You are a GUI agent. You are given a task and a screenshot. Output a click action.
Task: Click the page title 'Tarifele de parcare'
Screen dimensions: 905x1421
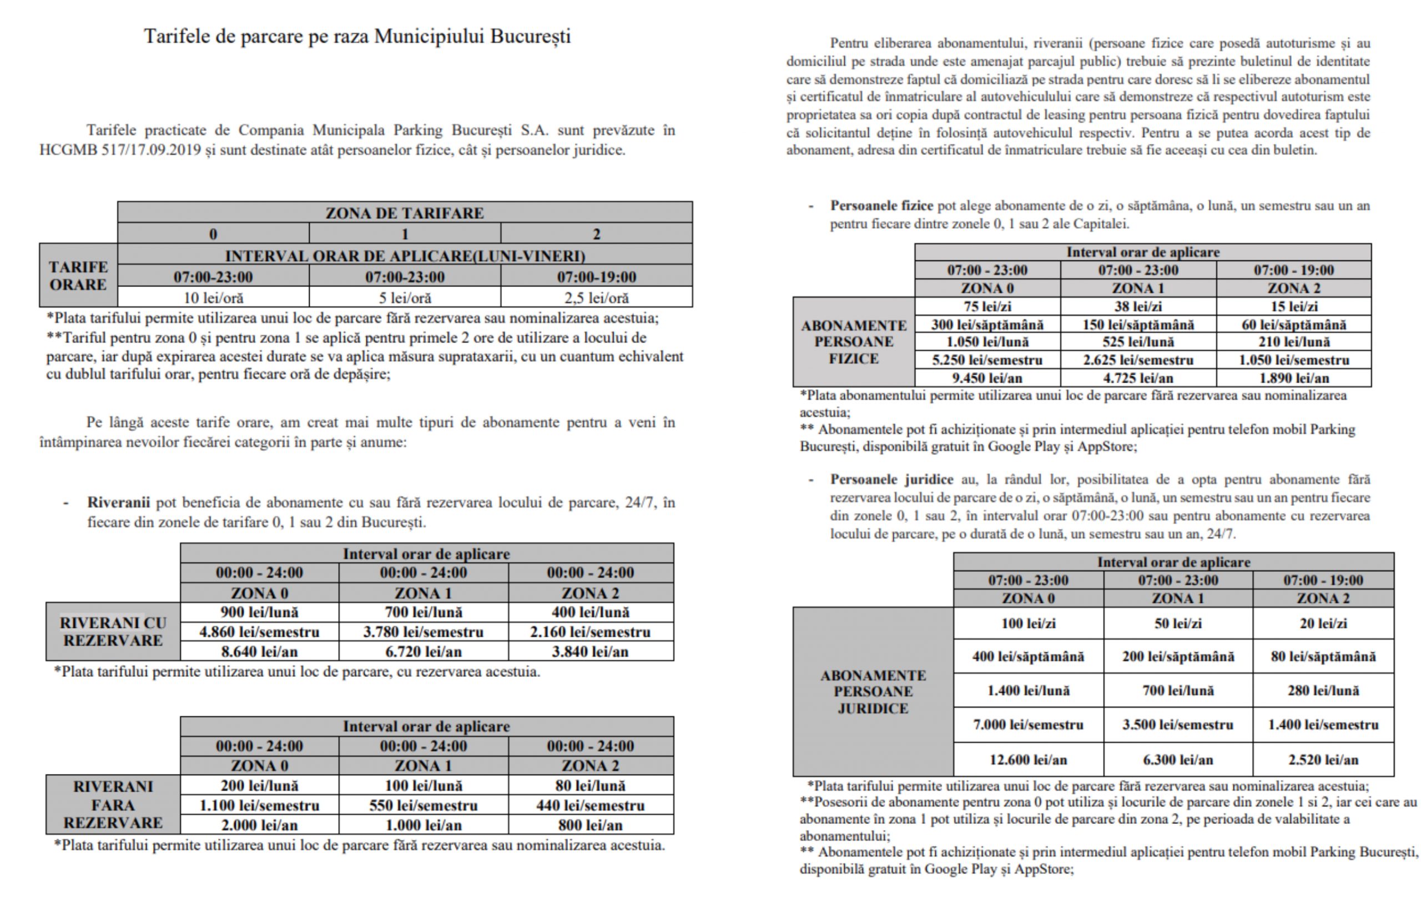357,37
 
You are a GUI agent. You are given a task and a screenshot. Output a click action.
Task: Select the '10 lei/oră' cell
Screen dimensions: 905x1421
213,298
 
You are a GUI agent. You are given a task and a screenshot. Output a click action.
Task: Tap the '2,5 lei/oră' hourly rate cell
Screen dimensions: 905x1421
596,298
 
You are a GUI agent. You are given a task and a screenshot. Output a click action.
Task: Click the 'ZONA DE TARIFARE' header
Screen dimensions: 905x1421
404,213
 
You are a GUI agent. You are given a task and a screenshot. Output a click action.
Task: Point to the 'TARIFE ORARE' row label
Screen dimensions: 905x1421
78,276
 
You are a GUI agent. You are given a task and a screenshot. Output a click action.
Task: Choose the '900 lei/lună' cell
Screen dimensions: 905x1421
259,612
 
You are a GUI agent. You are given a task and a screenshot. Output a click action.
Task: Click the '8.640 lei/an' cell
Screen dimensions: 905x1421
259,652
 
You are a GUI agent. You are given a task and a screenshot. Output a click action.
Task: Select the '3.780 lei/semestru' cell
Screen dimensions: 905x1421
423,632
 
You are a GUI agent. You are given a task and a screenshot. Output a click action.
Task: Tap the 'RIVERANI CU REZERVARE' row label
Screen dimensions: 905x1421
113,631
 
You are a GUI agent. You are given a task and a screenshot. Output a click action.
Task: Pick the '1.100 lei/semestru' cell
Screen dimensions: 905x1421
259,805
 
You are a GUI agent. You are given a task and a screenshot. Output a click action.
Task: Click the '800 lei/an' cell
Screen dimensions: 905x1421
590,824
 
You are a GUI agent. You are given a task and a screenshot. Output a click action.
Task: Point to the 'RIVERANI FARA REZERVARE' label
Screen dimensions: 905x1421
113,805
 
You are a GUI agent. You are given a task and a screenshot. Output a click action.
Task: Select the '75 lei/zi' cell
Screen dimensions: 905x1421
987,306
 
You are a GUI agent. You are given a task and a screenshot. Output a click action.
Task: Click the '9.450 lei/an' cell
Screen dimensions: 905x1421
987,378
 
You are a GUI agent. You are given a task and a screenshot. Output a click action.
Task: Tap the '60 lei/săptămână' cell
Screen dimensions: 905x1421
1293,324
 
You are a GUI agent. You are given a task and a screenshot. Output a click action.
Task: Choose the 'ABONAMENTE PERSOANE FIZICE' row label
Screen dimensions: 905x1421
853,342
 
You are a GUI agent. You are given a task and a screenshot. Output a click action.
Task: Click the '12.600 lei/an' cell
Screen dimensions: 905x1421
1028,760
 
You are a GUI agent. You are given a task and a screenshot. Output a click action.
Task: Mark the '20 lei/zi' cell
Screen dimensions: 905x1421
1323,624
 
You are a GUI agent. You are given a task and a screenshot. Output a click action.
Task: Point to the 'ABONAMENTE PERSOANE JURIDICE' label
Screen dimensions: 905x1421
873,691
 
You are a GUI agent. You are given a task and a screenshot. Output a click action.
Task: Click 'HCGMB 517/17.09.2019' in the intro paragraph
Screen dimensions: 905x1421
121,150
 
